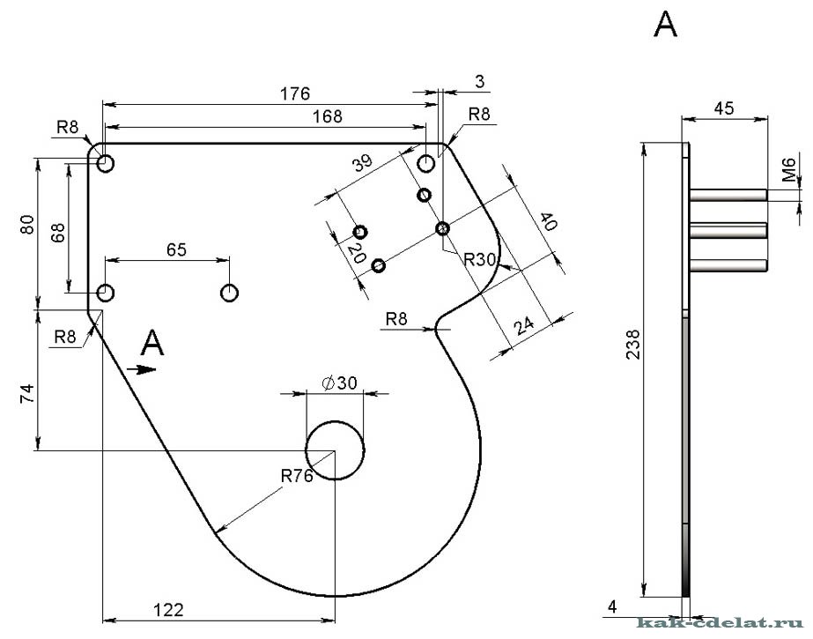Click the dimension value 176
[x=295, y=93]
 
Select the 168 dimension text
[x=326, y=115]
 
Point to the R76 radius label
[x=298, y=476]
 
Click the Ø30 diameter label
[x=339, y=383]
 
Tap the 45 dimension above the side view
[x=724, y=108]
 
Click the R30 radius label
[x=481, y=259]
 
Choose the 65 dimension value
[x=176, y=249]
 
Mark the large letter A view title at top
[x=665, y=26]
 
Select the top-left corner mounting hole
[x=107, y=163]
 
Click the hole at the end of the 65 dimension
[x=231, y=292]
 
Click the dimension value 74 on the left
[x=28, y=393]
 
